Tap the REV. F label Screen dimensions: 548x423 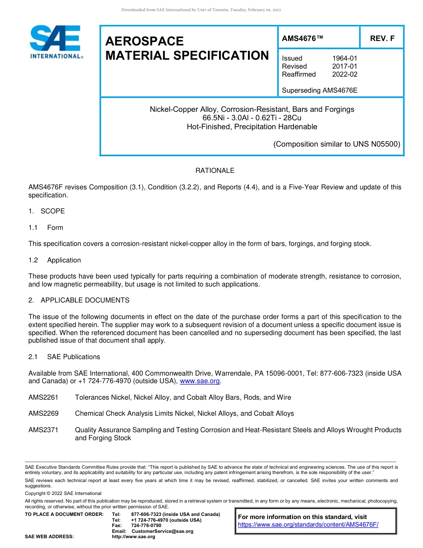[382, 38]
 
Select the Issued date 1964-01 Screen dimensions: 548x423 [345, 58]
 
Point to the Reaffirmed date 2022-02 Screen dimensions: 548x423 [345, 74]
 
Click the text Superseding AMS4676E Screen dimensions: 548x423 [320, 90]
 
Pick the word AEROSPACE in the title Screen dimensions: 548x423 [144, 41]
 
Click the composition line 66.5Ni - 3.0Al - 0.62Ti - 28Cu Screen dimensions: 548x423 [252, 118]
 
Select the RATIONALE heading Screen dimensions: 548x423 [215, 171]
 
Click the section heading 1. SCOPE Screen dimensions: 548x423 [46, 211]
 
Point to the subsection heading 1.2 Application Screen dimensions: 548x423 [55, 260]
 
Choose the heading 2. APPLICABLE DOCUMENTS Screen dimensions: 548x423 [79, 300]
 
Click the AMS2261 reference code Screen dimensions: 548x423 [43, 397]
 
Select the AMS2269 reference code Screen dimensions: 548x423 [43, 413]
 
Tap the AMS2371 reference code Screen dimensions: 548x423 [43, 430]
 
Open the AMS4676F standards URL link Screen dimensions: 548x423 [308, 525]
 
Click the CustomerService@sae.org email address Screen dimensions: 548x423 [163, 531]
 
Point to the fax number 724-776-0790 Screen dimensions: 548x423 [146, 526]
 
